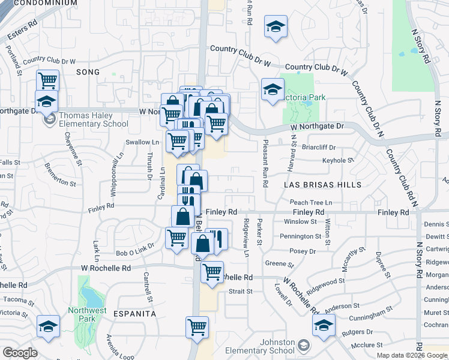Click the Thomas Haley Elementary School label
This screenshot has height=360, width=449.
[x=93, y=120]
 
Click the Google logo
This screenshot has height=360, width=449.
[x=20, y=353]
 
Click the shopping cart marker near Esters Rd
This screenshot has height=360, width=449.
[x=47, y=80]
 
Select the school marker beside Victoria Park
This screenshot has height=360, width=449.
[x=273, y=90]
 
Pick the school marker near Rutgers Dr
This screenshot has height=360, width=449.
[x=324, y=326]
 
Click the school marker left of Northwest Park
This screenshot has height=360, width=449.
[x=48, y=326]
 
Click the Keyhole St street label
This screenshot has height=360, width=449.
[x=338, y=160]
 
